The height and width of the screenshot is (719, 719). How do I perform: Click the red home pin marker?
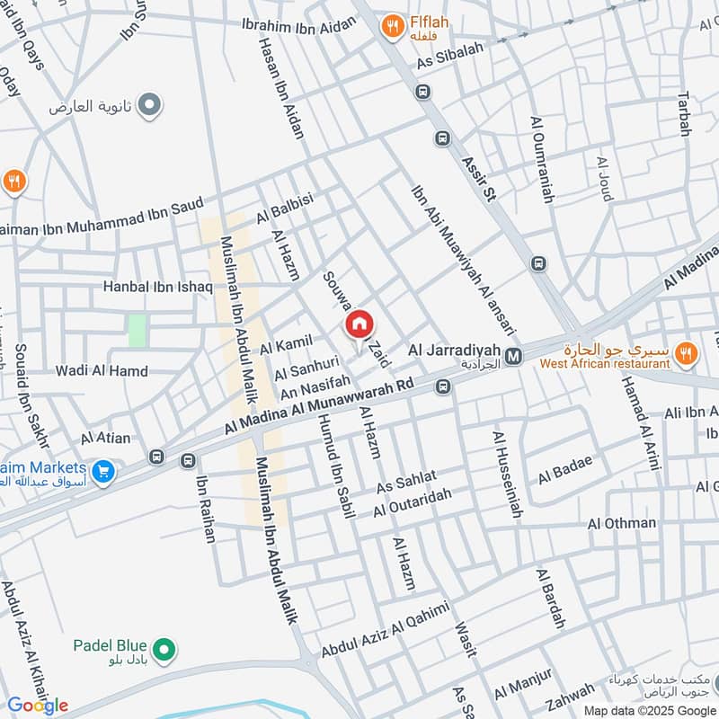pyautogui.click(x=359, y=324)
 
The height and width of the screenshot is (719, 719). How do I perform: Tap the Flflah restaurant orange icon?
pyautogui.click(x=391, y=27)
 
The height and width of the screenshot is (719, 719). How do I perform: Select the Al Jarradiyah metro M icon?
pyautogui.click(x=513, y=357)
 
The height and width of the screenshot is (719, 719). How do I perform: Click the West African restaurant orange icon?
pyautogui.click(x=686, y=354)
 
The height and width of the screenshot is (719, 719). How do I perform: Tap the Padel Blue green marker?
pyautogui.click(x=164, y=648)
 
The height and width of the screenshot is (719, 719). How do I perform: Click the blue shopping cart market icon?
pyautogui.click(x=103, y=470)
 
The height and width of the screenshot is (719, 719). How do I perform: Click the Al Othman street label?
pyautogui.click(x=622, y=523)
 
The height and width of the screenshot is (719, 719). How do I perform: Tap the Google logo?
pyautogui.click(x=38, y=706)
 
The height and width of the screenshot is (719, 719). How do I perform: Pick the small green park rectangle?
pyautogui.click(x=137, y=331)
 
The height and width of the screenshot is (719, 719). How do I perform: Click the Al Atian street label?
pyautogui.click(x=105, y=439)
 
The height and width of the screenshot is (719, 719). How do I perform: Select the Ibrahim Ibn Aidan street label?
pyautogui.click(x=299, y=25)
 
